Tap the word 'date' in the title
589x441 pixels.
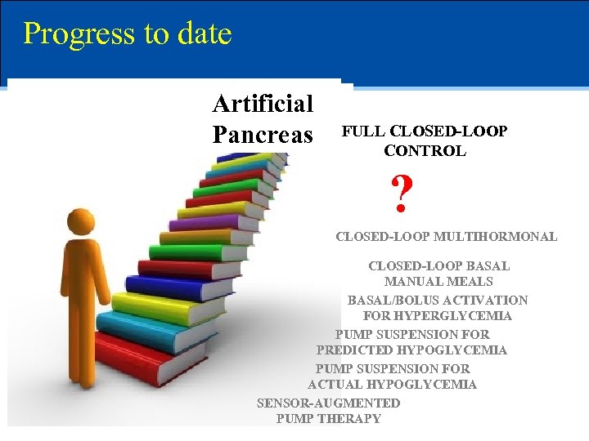[206, 33]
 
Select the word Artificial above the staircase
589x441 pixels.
[263, 104]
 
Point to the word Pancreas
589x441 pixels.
[263, 133]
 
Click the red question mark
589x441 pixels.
[401, 194]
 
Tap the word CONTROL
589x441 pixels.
[425, 151]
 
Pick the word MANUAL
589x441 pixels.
[412, 282]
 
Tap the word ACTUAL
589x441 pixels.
[335, 385]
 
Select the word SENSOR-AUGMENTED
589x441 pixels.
[328, 403]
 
